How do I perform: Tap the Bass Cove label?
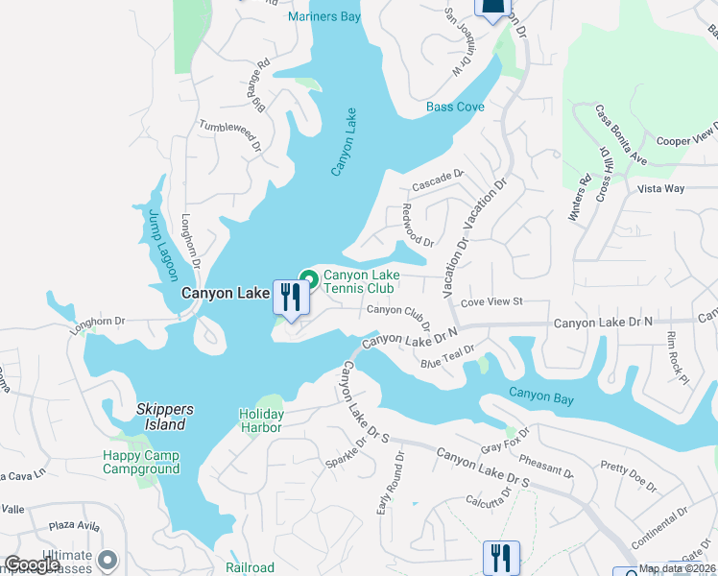[x=455, y=108]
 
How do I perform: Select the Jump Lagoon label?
[x=154, y=246]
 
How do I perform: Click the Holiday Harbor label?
[x=260, y=420]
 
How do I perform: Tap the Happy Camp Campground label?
[x=142, y=462]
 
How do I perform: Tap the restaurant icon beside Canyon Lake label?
[x=290, y=298]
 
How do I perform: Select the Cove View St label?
[x=491, y=301]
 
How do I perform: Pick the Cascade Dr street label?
[x=438, y=180]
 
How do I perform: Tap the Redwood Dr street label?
[x=419, y=227]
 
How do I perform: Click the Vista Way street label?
[x=661, y=188]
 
